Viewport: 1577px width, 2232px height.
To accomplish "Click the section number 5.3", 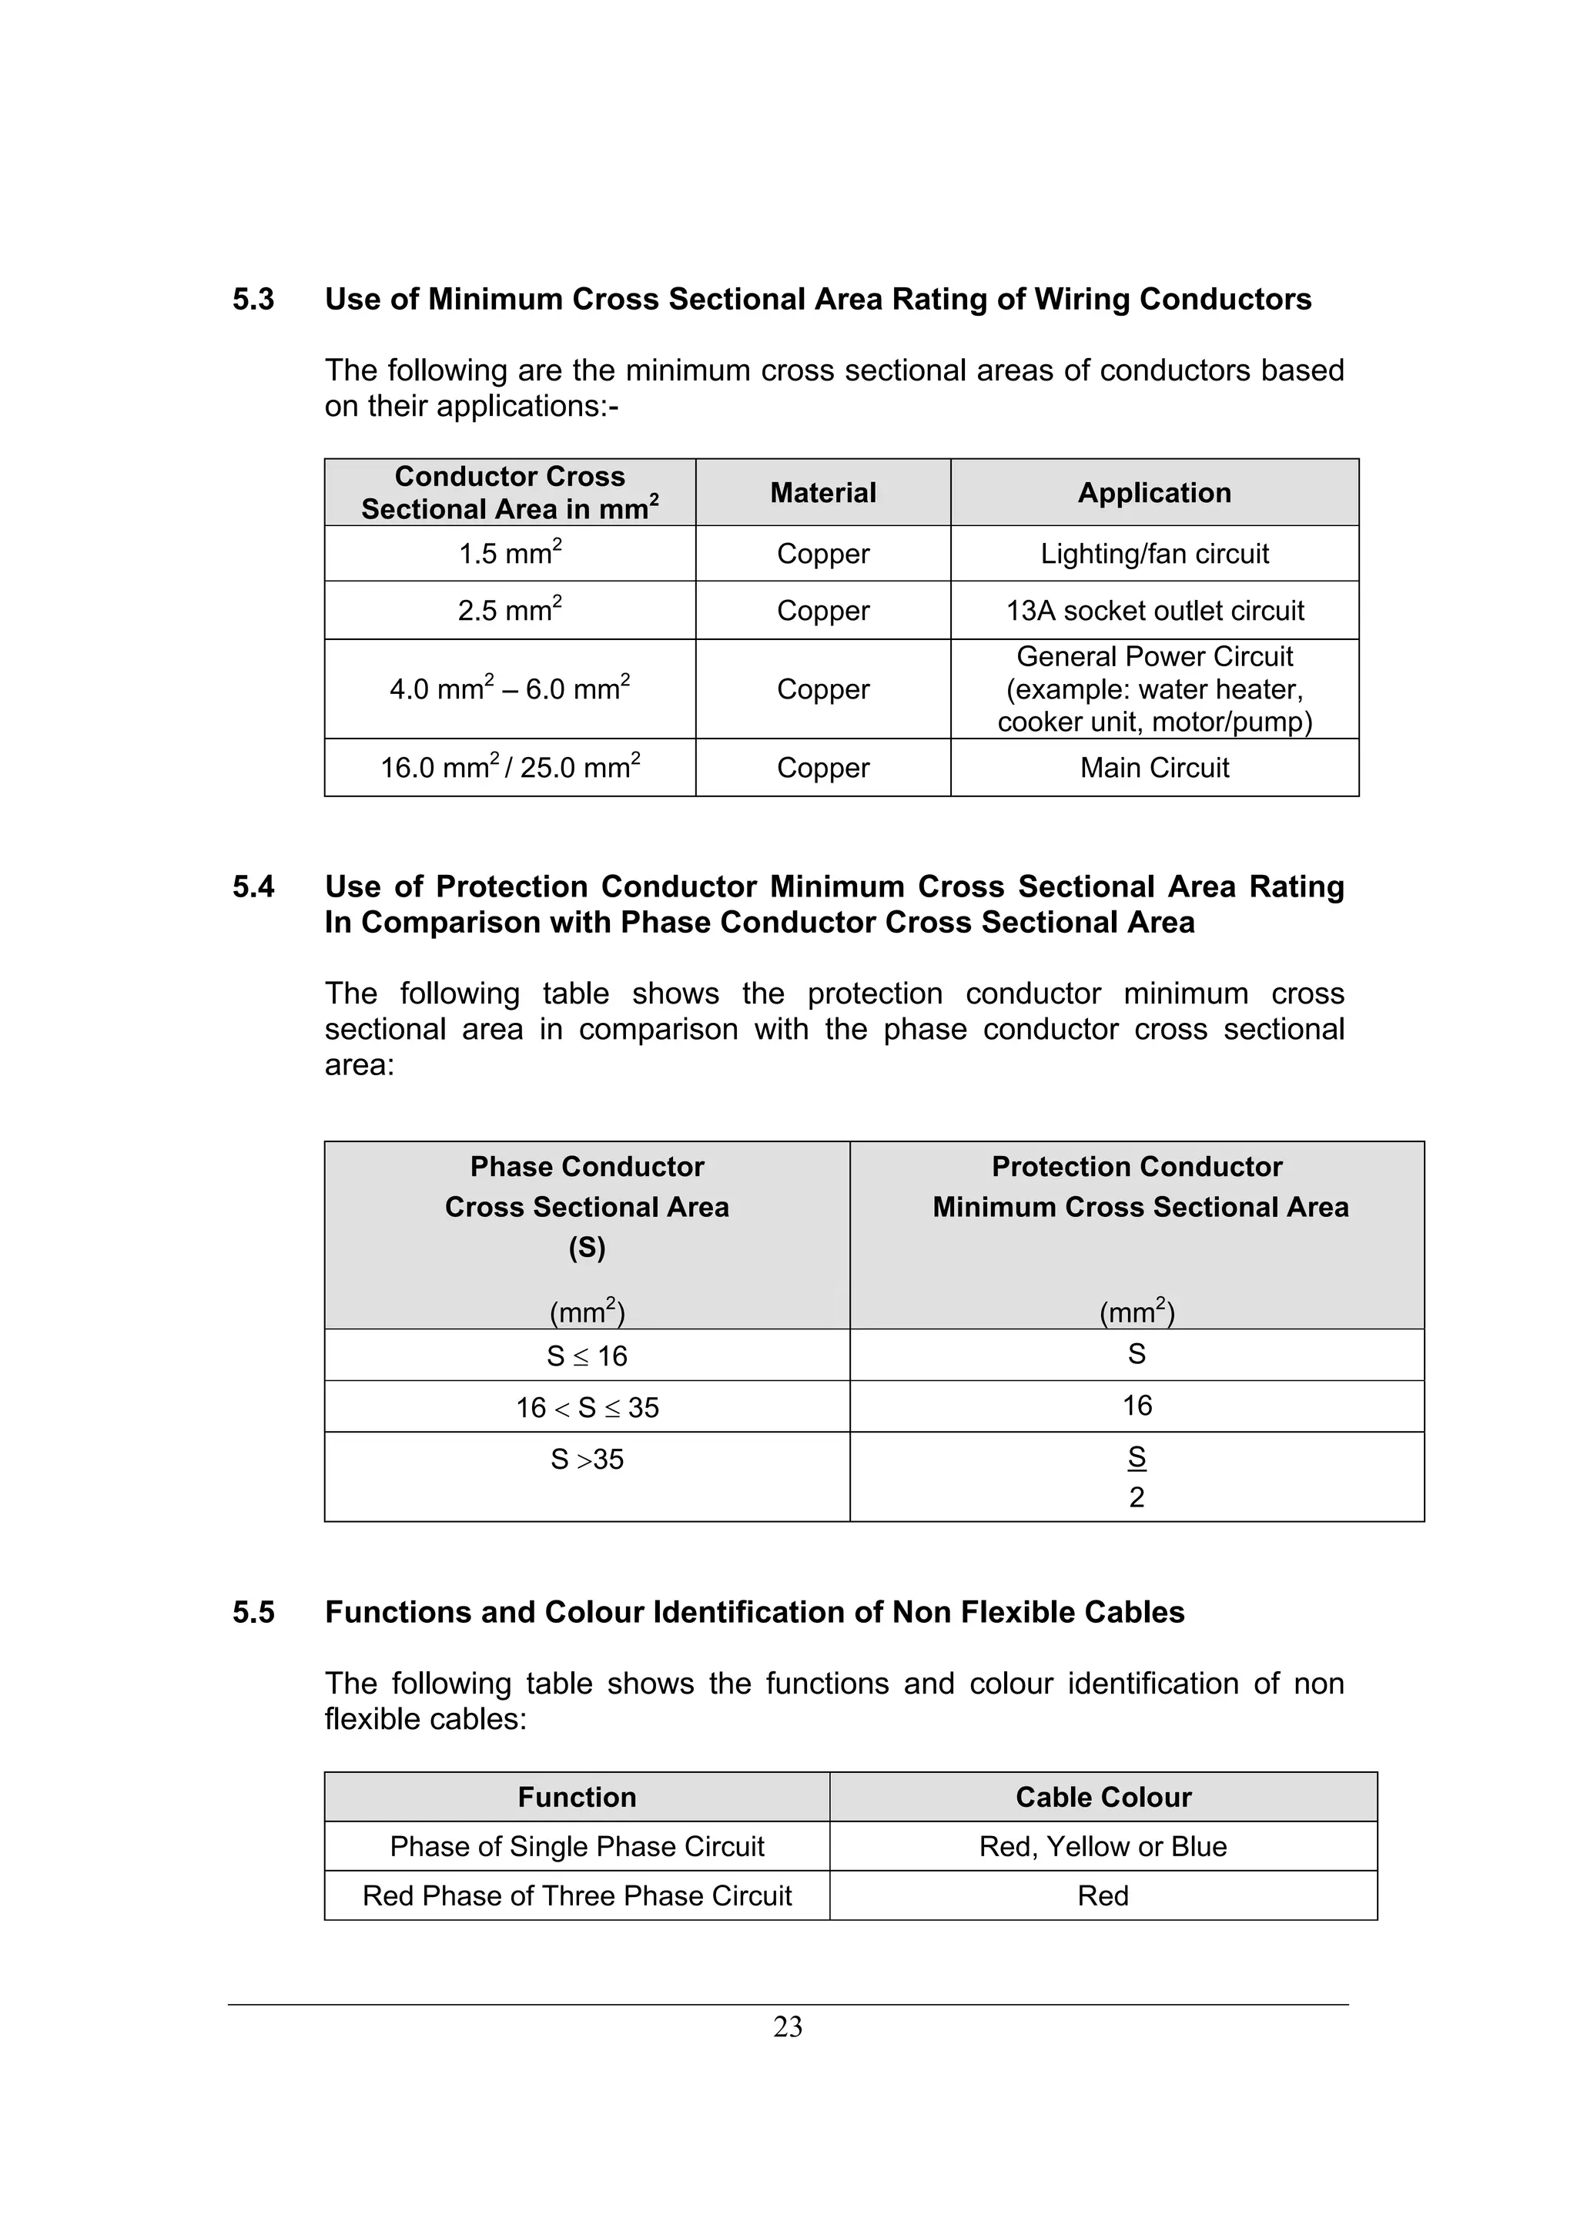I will pos(253,300).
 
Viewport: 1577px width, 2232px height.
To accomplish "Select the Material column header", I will pos(822,493).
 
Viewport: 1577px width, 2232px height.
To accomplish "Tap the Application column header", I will pos(1153,493).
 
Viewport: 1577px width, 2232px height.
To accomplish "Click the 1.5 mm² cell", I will pos(509,554).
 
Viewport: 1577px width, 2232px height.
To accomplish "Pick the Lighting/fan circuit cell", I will pos(1153,554).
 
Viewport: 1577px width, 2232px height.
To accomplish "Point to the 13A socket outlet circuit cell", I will pos(1153,611).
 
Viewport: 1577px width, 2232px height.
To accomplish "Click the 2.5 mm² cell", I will pos(509,611).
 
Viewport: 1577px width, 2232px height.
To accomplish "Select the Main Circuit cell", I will pos(1153,768).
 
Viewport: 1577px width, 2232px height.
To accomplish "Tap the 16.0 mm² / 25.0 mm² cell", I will pos(509,768).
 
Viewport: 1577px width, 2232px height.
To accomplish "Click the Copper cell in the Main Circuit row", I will pos(822,768).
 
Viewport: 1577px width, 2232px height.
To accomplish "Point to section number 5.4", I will pos(253,886).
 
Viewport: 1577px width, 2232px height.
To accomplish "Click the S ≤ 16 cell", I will pos(587,1356).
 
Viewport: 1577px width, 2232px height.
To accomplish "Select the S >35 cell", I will pos(587,1460).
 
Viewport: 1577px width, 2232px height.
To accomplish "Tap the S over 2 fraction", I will pos(1136,1476).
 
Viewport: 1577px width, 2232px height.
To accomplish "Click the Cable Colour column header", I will pos(1103,1798).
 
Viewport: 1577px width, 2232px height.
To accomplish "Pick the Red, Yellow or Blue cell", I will pos(1103,1846).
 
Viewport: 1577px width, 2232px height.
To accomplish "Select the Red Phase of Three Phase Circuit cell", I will pos(578,1895).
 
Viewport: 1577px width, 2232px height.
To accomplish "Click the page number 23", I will pos(787,2027).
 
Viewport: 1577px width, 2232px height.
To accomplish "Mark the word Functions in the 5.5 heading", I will pos(398,1613).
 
